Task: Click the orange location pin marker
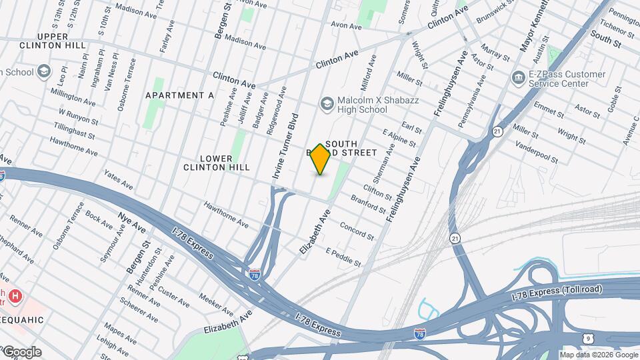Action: click(321, 159)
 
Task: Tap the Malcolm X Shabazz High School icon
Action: click(327, 103)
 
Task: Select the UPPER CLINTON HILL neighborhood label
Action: click(53, 41)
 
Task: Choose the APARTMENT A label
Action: click(179, 95)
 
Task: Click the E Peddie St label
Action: click(343, 257)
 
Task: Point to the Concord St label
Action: click(357, 230)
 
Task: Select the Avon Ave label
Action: click(346, 26)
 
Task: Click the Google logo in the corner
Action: click(21, 352)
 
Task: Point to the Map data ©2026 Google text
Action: click(598, 355)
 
